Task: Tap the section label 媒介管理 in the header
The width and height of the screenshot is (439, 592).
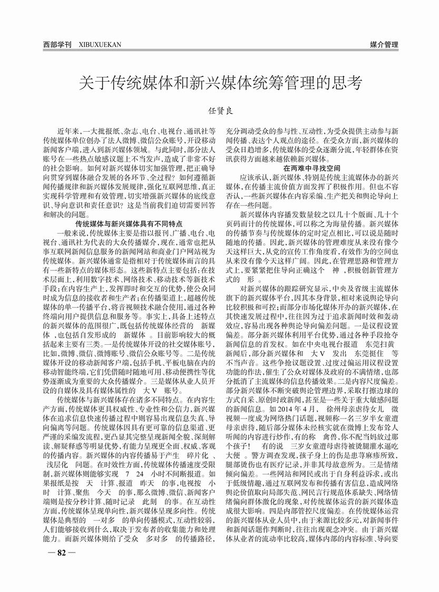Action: (383, 45)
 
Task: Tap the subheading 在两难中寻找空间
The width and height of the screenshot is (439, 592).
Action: (311, 168)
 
